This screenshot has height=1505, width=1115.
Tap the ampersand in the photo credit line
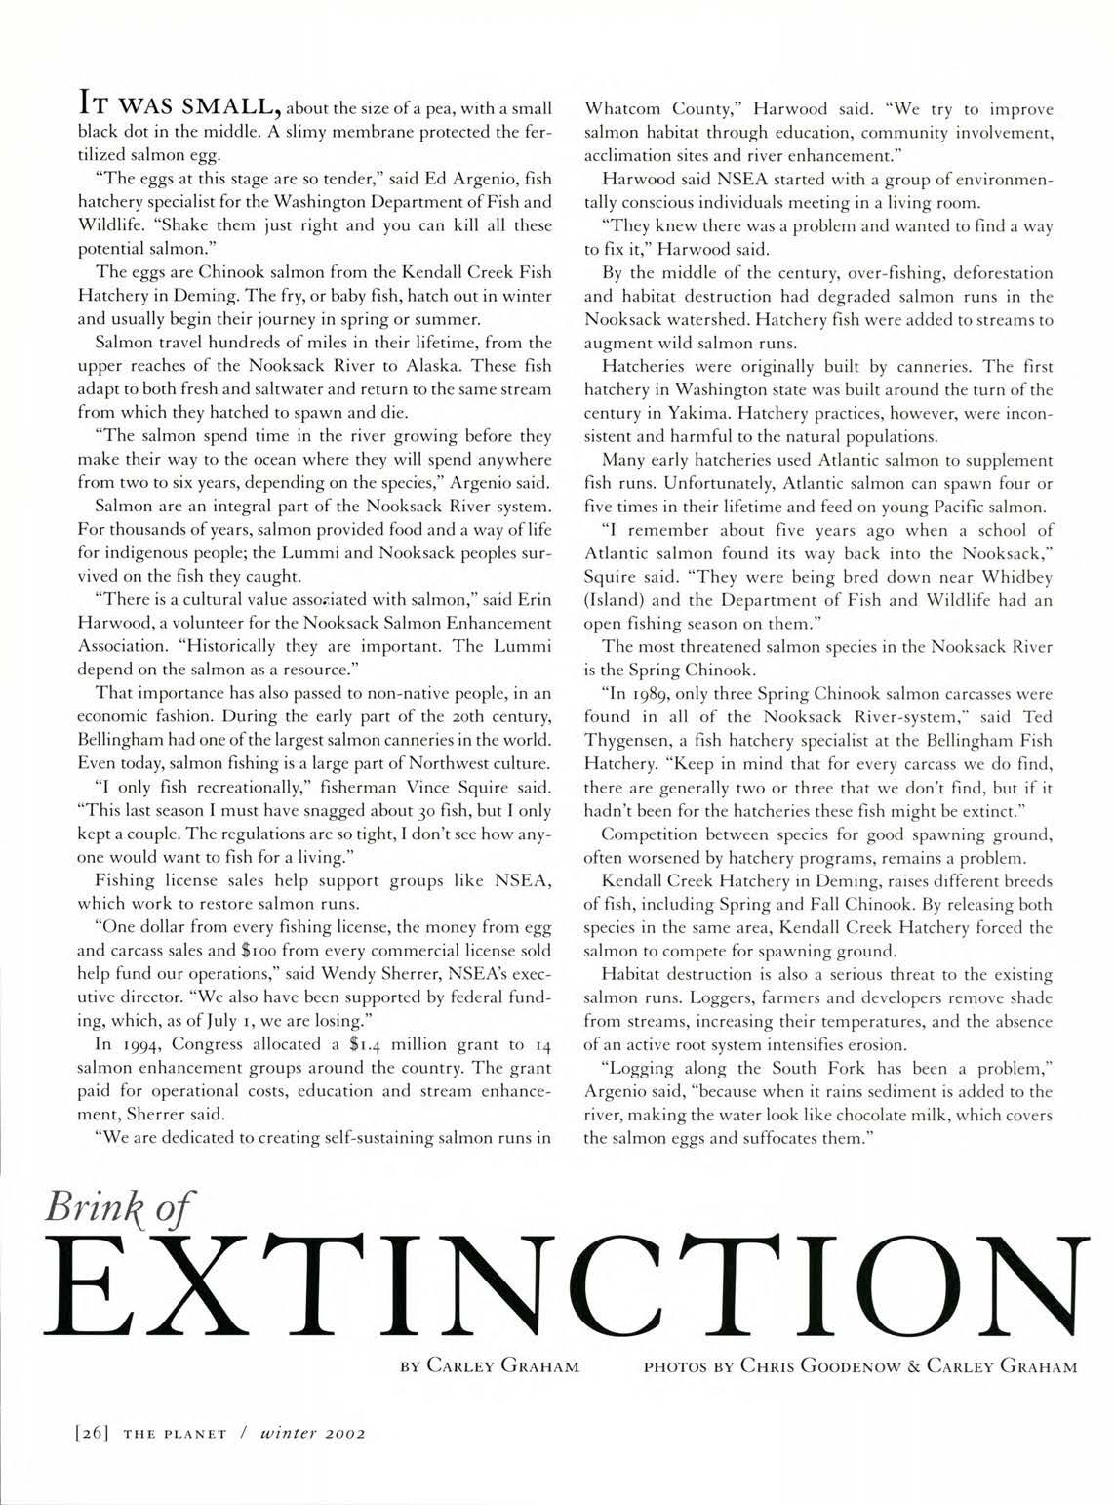point(914,1366)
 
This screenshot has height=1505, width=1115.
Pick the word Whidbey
point(1015,577)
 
